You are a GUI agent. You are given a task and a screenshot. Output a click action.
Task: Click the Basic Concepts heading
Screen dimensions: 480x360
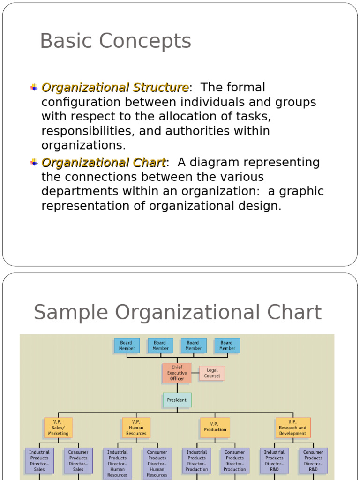(115, 41)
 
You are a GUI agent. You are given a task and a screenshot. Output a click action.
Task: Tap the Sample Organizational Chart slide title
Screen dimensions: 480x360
(178, 313)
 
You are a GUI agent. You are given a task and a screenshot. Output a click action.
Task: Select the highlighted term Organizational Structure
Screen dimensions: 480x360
(115, 88)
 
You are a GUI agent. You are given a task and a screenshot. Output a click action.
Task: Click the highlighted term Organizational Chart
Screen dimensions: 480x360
(103, 163)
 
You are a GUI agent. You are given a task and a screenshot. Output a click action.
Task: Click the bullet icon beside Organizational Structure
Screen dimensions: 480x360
(34, 87)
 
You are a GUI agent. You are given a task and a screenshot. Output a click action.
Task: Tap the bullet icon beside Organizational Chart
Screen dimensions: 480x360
(34, 162)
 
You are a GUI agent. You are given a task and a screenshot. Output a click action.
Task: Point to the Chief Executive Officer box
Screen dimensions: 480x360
(177, 373)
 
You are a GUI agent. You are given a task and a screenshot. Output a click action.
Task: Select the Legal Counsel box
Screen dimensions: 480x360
(212, 373)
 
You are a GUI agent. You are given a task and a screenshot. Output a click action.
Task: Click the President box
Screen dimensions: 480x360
(177, 400)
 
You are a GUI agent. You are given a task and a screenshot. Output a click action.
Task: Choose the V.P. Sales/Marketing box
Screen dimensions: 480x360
(58, 427)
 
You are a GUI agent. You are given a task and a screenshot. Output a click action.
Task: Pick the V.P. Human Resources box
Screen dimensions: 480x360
(136, 427)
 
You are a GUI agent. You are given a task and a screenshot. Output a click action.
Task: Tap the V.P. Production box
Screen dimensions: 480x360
(215, 427)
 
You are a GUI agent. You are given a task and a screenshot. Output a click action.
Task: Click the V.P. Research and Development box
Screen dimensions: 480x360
(292, 427)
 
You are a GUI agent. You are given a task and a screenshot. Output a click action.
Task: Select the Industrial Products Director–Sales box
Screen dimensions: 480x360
(39, 461)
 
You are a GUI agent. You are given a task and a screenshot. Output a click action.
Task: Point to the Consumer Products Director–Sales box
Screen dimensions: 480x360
(78, 461)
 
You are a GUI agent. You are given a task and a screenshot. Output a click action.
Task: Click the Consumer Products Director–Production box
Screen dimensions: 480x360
(234, 461)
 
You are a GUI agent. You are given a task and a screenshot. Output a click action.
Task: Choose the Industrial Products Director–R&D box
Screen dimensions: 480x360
(274, 461)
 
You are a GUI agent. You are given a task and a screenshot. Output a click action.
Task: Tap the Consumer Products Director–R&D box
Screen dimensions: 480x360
(313, 461)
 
